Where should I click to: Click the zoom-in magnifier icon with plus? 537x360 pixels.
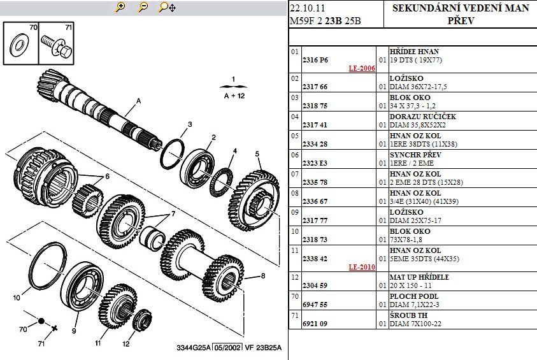120,7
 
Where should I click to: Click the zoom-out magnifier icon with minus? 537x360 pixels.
143,7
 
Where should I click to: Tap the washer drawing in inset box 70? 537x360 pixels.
19,45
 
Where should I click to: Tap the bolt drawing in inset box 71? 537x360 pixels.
56,47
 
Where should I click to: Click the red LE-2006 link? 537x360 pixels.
362,68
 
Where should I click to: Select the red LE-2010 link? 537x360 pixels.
362,267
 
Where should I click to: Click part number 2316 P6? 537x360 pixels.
315,60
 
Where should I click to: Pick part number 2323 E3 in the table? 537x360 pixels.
315,163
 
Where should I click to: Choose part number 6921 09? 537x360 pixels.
315,323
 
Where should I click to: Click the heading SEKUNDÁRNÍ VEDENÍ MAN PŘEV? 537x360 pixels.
461,14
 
